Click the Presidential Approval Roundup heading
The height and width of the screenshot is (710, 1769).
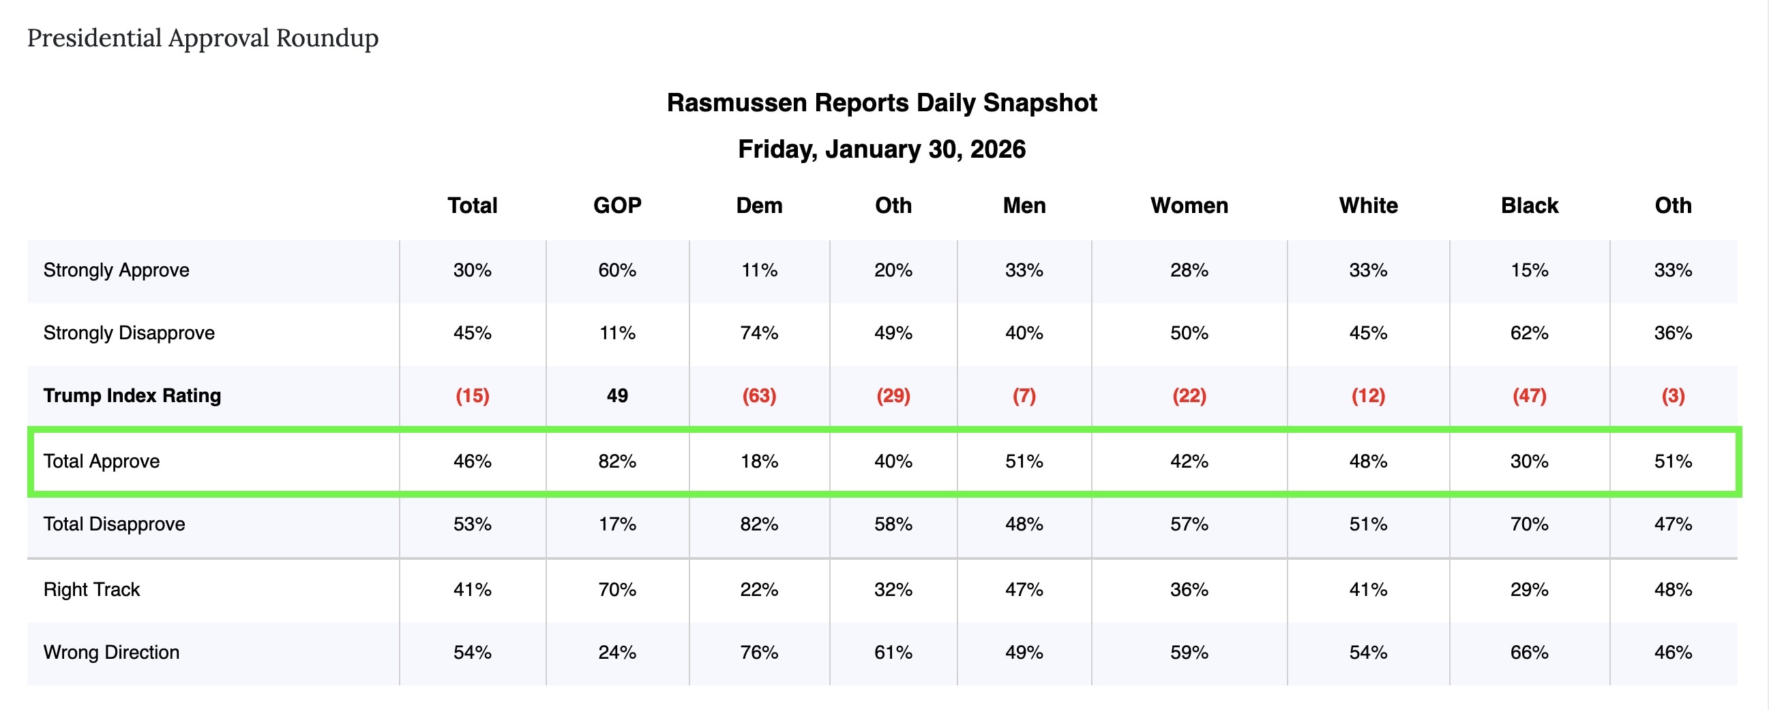pos(203,38)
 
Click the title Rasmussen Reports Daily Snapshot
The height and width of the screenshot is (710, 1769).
pos(882,102)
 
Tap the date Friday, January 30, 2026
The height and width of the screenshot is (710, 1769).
pos(882,149)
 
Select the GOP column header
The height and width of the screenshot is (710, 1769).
pos(616,205)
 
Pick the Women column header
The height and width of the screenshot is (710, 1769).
pos(1189,205)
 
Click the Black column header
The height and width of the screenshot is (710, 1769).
pos(1530,205)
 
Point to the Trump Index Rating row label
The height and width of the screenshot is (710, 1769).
pos(132,396)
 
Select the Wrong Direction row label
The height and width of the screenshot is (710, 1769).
pos(111,652)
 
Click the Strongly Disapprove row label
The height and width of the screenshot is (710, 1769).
pos(129,333)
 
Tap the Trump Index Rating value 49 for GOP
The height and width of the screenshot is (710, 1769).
pos(616,396)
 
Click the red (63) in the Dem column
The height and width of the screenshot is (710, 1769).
pos(759,396)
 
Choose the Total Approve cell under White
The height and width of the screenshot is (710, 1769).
pos(1368,461)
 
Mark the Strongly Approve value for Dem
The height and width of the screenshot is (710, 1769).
pos(759,270)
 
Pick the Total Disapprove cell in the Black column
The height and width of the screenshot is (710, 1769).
pos(1530,524)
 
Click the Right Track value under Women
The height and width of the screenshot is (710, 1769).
pos(1189,590)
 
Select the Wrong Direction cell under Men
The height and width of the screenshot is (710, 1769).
pos(1024,652)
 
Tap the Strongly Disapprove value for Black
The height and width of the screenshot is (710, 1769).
pos(1530,333)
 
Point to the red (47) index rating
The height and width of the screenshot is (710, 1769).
pos(1530,396)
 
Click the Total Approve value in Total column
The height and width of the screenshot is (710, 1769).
pos(472,461)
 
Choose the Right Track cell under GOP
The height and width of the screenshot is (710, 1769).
pos(616,590)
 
